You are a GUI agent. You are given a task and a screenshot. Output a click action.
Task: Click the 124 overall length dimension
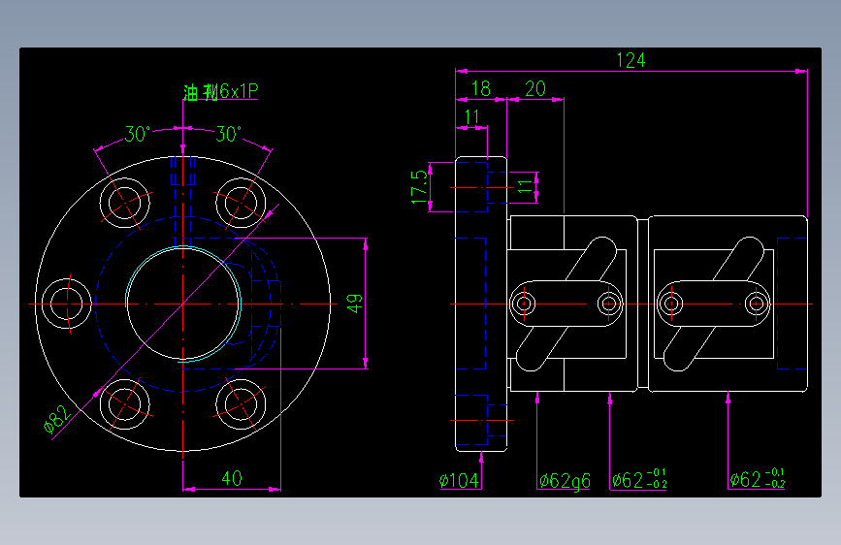pyautogui.click(x=631, y=60)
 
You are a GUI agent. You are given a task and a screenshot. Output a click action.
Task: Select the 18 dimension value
pyautogui.click(x=480, y=89)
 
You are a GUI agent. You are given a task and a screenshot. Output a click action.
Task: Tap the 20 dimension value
pyautogui.click(x=534, y=89)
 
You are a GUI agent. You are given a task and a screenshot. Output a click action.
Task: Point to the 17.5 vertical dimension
pyautogui.click(x=418, y=186)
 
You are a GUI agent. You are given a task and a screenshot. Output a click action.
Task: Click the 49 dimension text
pyautogui.click(x=356, y=303)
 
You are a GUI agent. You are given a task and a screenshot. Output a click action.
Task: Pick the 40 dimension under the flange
pyautogui.click(x=232, y=478)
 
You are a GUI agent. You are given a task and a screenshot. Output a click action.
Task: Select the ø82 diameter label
pyautogui.click(x=57, y=420)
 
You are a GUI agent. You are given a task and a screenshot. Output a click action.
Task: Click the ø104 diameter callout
pyautogui.click(x=460, y=480)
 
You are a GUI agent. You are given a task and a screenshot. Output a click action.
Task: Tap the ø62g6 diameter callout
pyautogui.click(x=564, y=480)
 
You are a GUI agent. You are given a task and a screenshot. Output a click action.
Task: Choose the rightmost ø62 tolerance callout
pyautogui.click(x=757, y=479)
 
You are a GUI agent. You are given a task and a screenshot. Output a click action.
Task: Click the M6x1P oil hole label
pyautogui.click(x=221, y=92)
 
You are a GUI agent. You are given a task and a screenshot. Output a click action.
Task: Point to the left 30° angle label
pyautogui.click(x=137, y=135)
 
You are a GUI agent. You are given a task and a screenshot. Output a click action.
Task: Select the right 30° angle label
pyautogui.click(x=228, y=135)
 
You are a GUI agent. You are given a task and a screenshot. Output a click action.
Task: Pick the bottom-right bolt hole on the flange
pyautogui.click(x=239, y=403)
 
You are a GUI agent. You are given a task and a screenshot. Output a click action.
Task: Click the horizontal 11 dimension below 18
pyautogui.click(x=471, y=117)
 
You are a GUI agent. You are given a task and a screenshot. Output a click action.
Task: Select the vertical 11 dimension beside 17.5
pyautogui.click(x=525, y=186)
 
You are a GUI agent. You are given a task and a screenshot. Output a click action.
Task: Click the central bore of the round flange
pyautogui.click(x=182, y=304)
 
